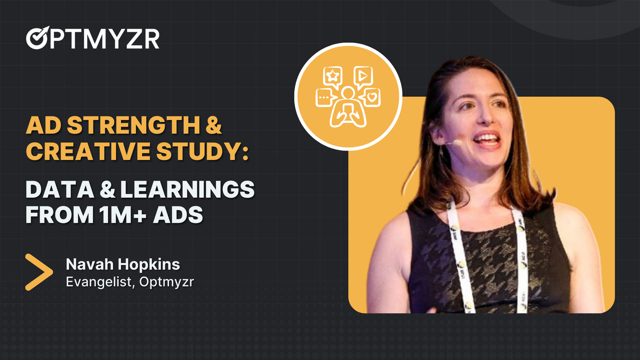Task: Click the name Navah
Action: pos(85,264)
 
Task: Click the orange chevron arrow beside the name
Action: pos(39,272)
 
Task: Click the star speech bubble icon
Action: pos(332,76)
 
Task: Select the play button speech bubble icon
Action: pos(362,76)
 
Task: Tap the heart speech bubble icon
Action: pos(371,97)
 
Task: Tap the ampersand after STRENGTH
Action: pos(214,126)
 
